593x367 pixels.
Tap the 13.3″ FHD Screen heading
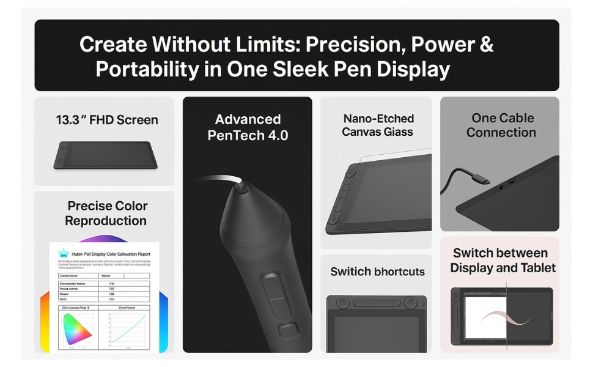coord(107,120)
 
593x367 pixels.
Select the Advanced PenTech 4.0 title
coord(248,127)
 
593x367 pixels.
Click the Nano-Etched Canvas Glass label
coord(378,125)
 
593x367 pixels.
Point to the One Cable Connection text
coord(501,125)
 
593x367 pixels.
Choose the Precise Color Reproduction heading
coord(107,213)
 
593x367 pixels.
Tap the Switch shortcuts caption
coord(377,271)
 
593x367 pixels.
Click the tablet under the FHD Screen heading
coord(105,155)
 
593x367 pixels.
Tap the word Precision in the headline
coord(353,45)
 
